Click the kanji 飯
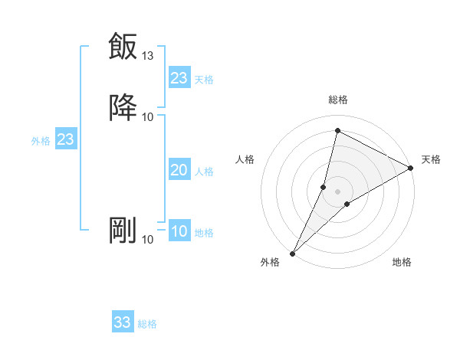click(123, 46)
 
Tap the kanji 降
click(123, 106)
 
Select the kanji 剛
click(123, 230)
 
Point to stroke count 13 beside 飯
click(148, 56)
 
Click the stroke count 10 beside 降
click(148, 116)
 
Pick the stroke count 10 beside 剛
click(148, 240)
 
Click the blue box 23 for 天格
click(179, 78)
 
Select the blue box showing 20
click(179, 171)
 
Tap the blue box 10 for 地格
click(179, 232)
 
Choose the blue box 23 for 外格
click(65, 140)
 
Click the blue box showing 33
click(123, 322)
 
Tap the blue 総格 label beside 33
click(147, 324)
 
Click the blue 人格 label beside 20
click(205, 172)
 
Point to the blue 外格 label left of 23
click(41, 141)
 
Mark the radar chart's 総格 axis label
click(338, 100)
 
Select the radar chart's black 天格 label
click(431, 159)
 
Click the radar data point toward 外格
click(292, 253)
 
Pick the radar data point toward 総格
click(337, 131)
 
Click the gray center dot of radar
click(338, 191)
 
